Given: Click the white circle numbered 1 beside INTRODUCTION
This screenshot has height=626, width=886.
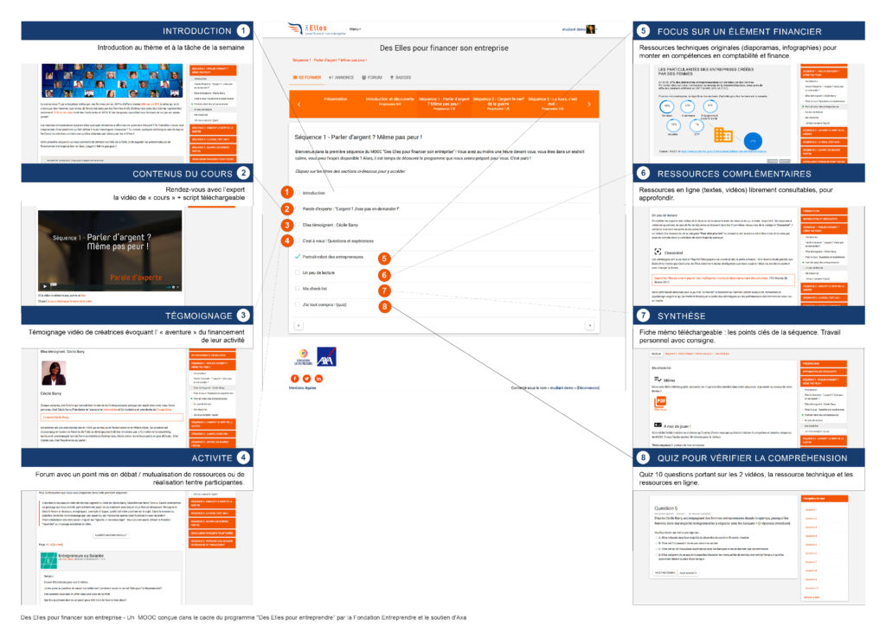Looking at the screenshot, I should pyautogui.click(x=246, y=31).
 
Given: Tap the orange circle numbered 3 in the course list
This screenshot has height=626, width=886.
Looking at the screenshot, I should pyautogui.click(x=286, y=225).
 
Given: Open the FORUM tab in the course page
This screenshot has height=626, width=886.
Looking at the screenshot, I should pyautogui.click(x=372, y=77).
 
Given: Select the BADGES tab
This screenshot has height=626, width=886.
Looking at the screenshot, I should pyautogui.click(x=401, y=77).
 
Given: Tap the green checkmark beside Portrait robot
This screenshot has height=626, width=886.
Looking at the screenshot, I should pyautogui.click(x=297, y=256).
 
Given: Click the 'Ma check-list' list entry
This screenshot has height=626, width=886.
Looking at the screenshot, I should pyautogui.click(x=315, y=288).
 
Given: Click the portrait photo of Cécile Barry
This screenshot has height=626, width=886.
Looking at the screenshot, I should pyautogui.click(x=54, y=373).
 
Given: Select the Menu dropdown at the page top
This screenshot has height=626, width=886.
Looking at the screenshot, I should pyautogui.click(x=355, y=29).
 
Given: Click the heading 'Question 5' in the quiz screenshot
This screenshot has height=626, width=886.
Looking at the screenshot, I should pyautogui.click(x=668, y=508).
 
